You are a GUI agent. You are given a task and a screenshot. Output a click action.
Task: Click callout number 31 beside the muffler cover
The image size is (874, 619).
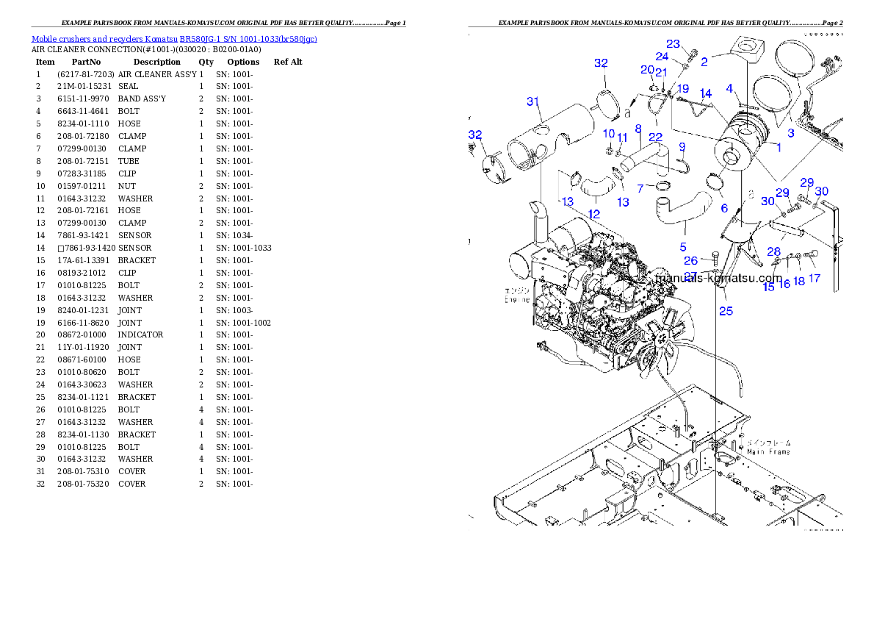coord(533,101)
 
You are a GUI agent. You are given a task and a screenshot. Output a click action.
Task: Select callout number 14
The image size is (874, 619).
coord(705,93)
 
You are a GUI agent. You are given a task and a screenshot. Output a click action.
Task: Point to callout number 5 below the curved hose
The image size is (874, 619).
coord(683,247)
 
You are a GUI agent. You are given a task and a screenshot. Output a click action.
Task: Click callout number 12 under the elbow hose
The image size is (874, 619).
coord(594,214)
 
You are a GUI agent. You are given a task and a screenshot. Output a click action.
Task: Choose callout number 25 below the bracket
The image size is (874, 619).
coord(726,311)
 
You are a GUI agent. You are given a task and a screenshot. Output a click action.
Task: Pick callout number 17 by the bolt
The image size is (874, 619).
coord(815,279)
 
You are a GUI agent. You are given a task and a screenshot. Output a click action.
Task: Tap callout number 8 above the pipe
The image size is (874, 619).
coord(638,129)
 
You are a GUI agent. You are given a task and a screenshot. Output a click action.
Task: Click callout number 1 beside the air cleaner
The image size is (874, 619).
coord(778,147)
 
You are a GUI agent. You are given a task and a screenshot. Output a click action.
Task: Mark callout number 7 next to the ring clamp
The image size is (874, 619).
coord(640,189)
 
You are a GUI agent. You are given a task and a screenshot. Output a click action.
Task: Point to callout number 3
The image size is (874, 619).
coord(791,133)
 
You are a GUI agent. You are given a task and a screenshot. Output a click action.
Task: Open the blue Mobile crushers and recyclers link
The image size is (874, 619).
coord(174,39)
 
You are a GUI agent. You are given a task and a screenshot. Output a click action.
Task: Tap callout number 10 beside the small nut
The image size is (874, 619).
coord(608,133)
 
